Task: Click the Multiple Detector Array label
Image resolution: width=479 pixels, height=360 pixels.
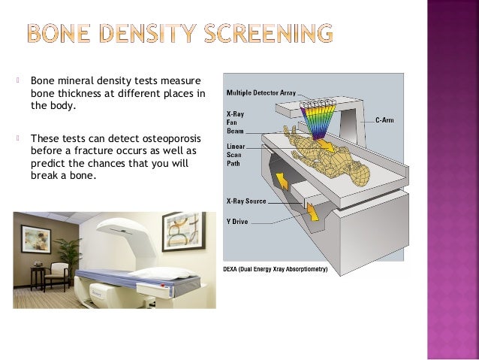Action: click(x=260, y=92)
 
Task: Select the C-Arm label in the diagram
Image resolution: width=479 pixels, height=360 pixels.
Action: click(x=384, y=119)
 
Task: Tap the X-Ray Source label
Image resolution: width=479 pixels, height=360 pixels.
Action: click(x=246, y=201)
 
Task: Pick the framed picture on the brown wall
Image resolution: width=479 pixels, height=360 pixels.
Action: click(x=35, y=239)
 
